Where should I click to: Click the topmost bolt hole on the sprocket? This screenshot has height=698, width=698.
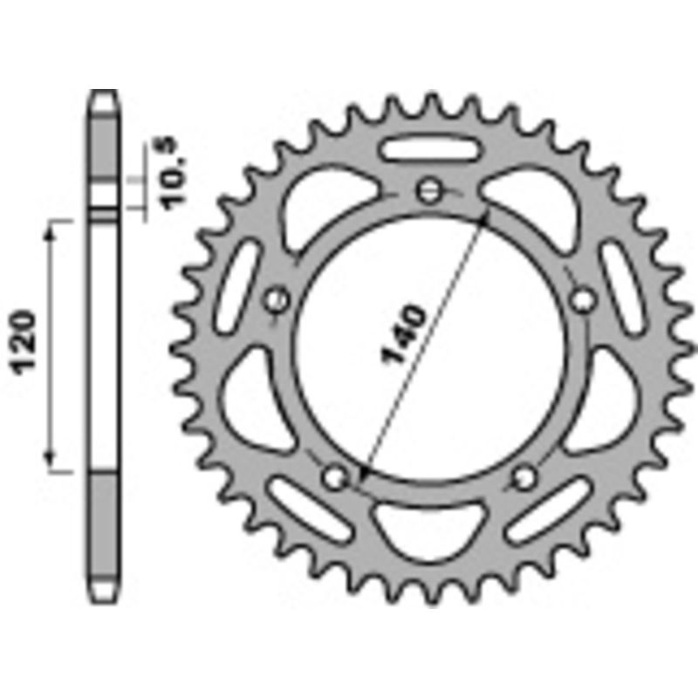(428, 191)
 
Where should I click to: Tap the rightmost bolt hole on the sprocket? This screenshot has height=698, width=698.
(582, 300)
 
